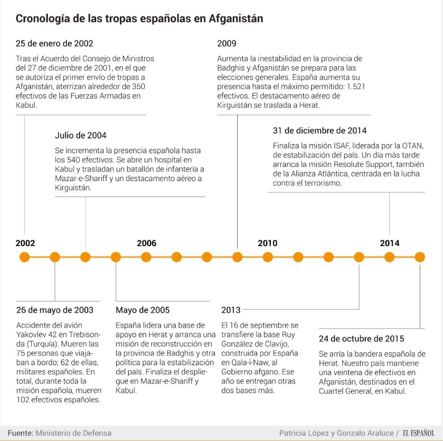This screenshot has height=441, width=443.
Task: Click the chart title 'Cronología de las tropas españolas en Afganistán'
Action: (139, 18)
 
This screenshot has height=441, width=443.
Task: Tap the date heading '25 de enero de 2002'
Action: (54, 43)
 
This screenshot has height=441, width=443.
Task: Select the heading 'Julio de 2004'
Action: (80, 135)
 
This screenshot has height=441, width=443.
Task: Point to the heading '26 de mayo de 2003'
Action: (55, 310)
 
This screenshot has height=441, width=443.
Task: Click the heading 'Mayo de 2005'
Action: (143, 310)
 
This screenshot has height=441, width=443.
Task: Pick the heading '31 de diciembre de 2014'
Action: (320, 130)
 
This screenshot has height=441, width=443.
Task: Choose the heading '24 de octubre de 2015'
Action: (361, 338)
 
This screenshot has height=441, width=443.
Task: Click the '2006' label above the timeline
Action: (146, 243)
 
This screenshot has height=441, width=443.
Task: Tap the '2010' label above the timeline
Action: (267, 243)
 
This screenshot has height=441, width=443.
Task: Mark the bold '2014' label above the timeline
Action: (390, 243)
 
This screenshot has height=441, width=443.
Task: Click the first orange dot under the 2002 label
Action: (24, 257)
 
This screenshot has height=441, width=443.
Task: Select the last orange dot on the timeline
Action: (420, 257)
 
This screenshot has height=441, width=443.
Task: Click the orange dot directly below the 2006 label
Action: (146, 257)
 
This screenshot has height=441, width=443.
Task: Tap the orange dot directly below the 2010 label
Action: (268, 257)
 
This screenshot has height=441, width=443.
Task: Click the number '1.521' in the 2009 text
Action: (356, 86)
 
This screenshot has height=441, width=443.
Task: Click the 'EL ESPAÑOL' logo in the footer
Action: (418, 433)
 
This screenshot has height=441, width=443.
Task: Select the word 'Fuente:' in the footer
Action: (20, 433)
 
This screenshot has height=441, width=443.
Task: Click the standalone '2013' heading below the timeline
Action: (231, 310)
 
